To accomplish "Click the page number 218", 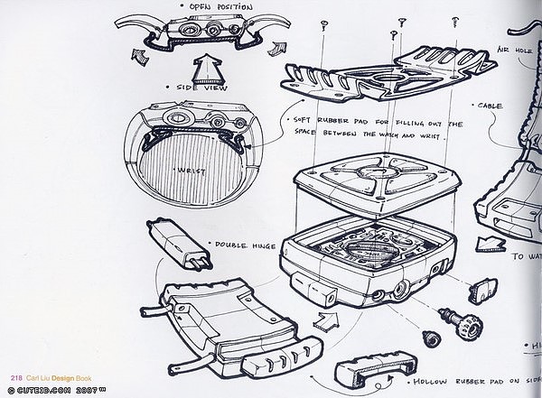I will [16, 377].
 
